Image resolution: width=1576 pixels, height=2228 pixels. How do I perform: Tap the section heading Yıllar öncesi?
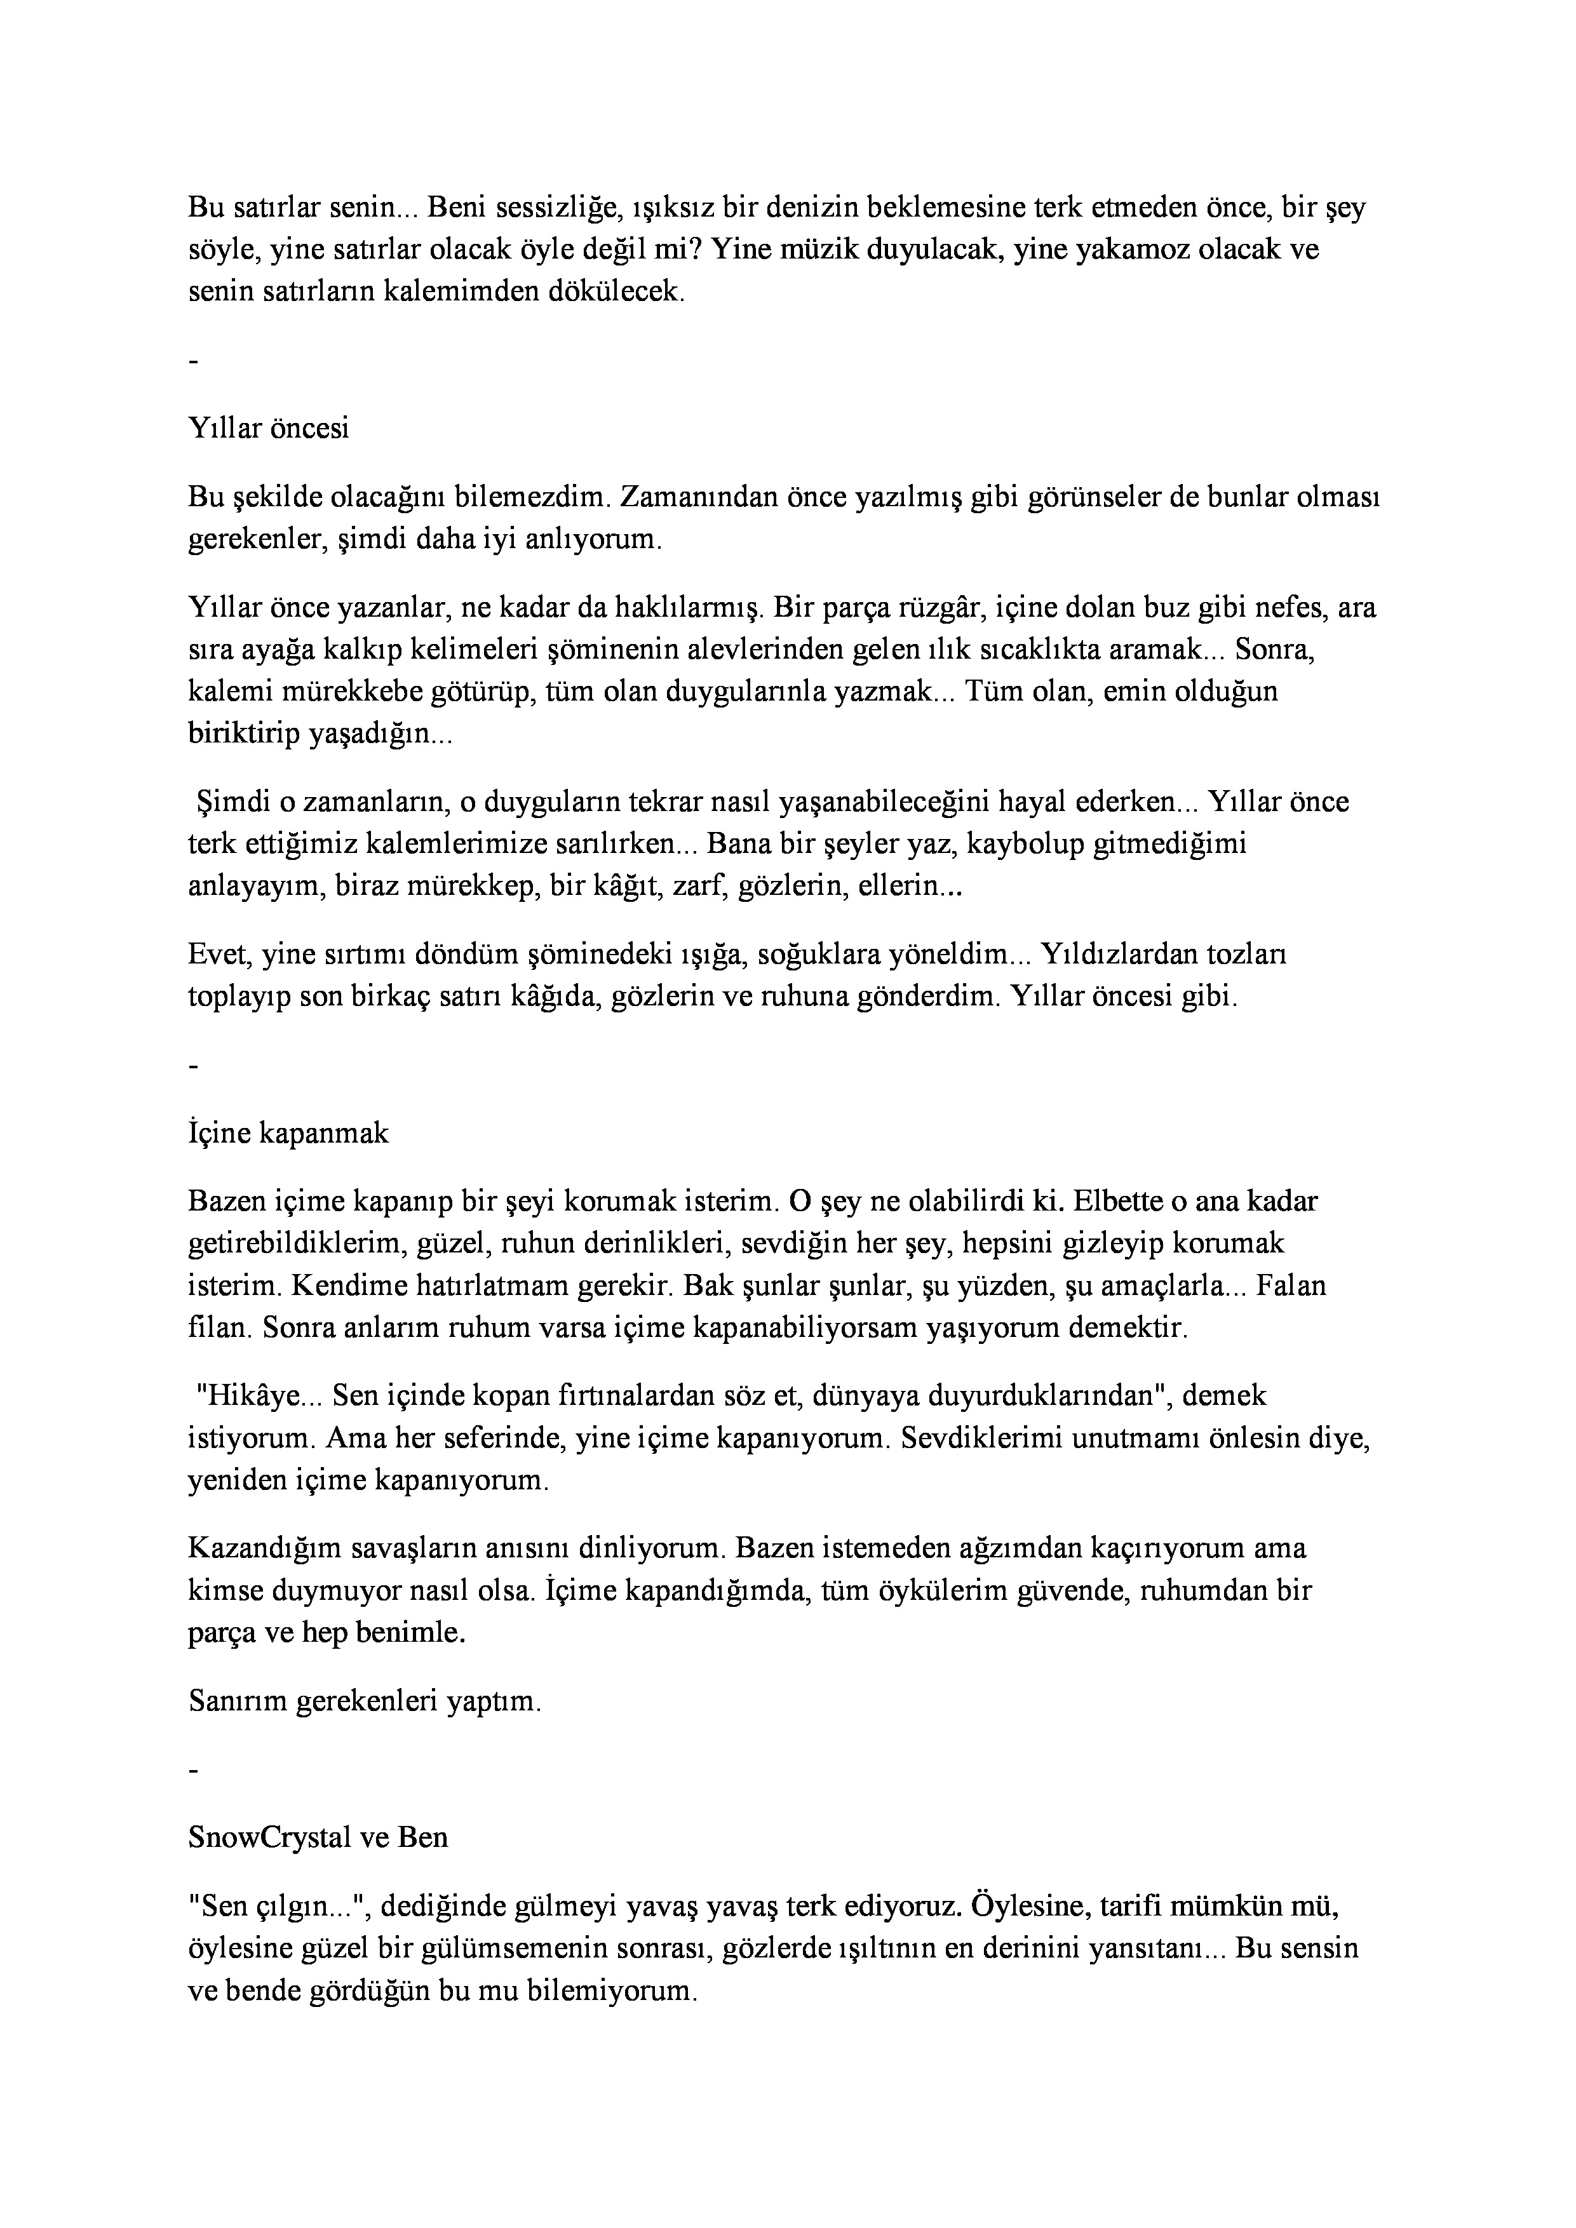(269, 428)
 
